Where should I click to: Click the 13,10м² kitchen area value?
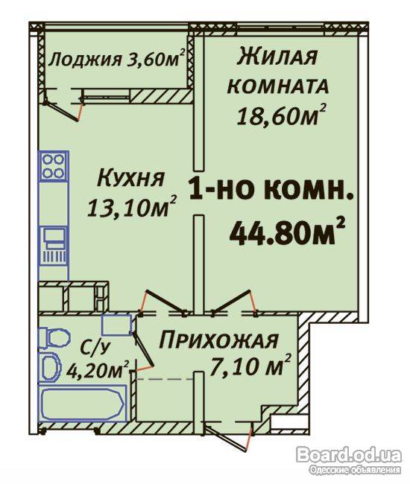tap(132, 206)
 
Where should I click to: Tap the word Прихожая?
tap(218, 340)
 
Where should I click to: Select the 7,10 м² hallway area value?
tap(250, 365)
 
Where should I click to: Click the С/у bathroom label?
tap(95, 348)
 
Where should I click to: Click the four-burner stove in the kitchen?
tap(53, 166)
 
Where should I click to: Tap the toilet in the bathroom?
tap(54, 339)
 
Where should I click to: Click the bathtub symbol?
tap(83, 403)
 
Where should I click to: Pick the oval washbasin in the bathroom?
tap(50, 367)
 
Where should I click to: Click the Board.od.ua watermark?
tap(349, 455)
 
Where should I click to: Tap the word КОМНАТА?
tap(278, 86)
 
